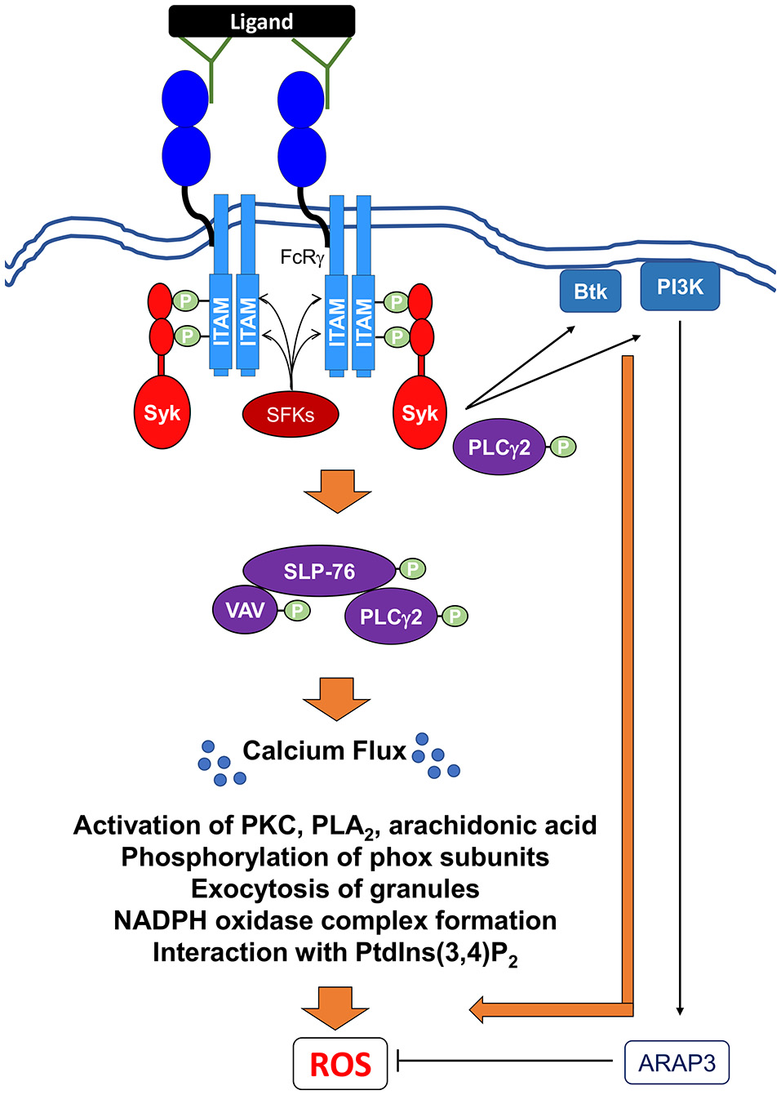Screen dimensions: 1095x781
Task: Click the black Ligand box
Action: pos(261,21)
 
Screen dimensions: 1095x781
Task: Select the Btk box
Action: pos(590,292)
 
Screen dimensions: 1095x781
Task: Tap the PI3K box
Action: pos(680,287)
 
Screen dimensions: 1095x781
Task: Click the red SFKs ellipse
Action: pos(290,415)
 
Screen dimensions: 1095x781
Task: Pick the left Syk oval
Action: pos(162,413)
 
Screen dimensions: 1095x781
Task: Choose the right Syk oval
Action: pos(419,413)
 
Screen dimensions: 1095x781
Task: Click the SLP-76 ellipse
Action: pos(319,571)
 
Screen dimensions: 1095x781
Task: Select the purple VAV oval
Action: pos(244,609)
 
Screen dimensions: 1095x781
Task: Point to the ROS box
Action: pos(340,1064)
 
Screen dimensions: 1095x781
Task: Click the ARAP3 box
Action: pos(677,1062)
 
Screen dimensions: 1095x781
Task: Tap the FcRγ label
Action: pos(302,258)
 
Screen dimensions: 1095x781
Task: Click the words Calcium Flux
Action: pos(324,750)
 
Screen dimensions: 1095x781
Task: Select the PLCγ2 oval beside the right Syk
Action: pos(499,447)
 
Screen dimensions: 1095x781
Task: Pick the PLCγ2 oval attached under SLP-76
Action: pos(391,616)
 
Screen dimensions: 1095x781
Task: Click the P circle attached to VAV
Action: pos(297,610)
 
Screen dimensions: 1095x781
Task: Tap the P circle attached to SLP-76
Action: pos(412,568)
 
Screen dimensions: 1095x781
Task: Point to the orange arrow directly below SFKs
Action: pos(337,490)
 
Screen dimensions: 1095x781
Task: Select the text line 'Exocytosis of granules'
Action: pos(335,888)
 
